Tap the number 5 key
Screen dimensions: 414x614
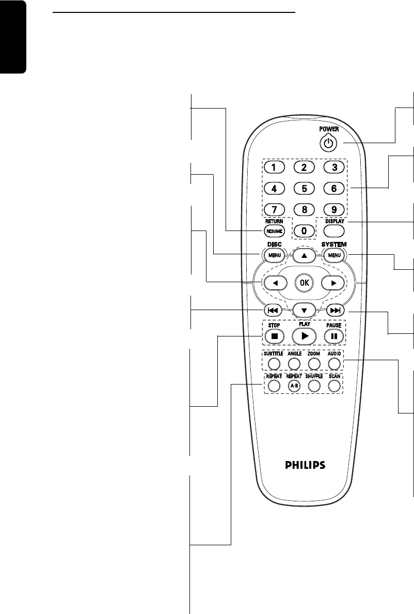click(304, 189)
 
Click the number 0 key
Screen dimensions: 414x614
click(304, 231)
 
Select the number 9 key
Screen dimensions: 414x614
click(334, 210)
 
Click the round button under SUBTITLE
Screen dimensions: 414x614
click(274, 362)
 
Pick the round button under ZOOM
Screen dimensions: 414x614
click(313, 362)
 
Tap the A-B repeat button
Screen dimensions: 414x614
click(294, 386)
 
